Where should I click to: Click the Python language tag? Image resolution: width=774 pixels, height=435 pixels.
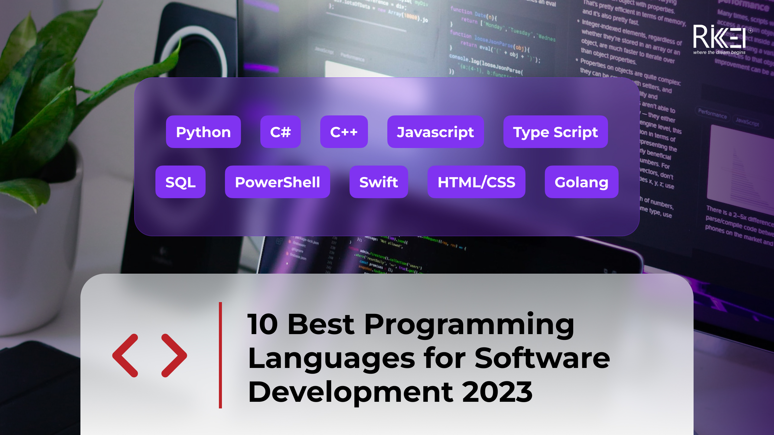(203, 132)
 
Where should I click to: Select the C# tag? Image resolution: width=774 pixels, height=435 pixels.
(280, 132)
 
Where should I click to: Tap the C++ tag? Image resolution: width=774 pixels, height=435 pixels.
(344, 132)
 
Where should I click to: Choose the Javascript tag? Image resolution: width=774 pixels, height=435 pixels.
(435, 132)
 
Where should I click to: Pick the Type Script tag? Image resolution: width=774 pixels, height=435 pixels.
(555, 132)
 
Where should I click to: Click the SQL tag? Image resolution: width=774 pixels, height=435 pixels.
(180, 182)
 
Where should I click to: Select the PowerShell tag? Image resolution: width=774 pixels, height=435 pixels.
(277, 182)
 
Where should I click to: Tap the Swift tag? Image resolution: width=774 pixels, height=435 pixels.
(379, 182)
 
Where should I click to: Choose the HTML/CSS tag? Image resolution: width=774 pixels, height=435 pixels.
(476, 182)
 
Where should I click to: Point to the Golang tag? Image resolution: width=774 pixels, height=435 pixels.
(581, 182)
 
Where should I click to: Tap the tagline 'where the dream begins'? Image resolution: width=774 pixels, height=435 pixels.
(719, 52)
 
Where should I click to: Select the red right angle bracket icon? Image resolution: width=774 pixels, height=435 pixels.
(174, 356)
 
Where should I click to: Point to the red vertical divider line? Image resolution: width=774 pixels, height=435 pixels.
(220, 355)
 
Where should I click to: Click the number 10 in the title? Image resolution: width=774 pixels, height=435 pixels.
(262, 325)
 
